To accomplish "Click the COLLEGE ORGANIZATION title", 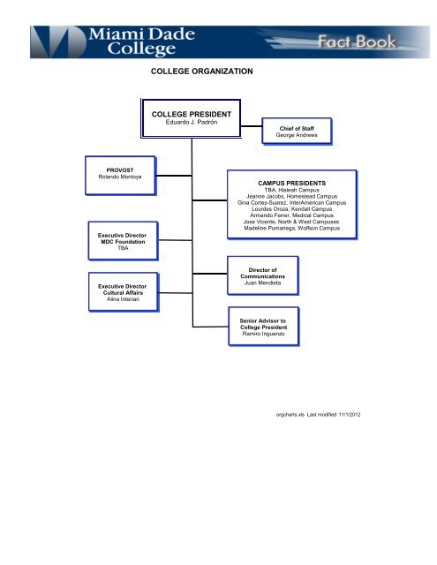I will point(201,70).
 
